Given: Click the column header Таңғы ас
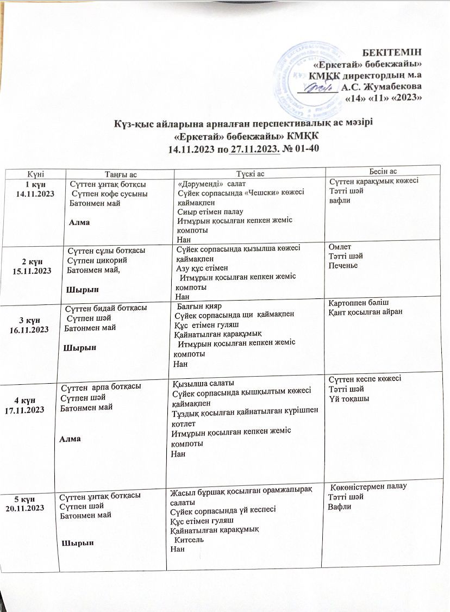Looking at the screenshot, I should (117, 173).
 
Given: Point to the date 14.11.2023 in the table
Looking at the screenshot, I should (37, 193).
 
